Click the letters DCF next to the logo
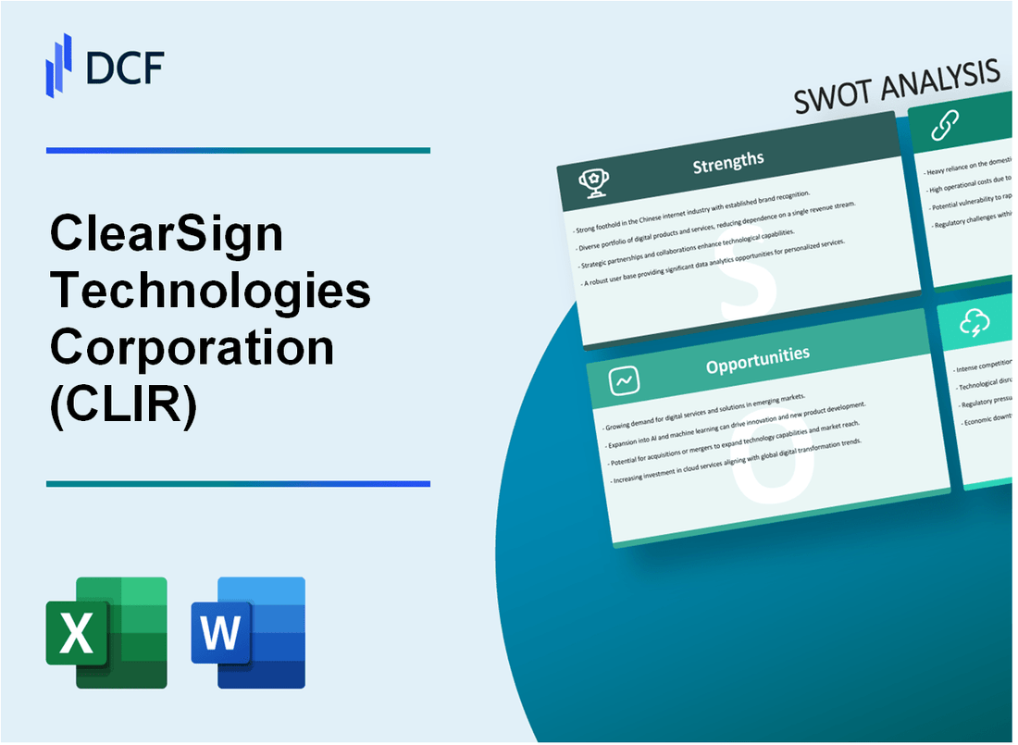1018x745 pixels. click(124, 66)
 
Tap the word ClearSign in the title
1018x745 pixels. click(167, 234)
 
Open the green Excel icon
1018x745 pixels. click(106, 632)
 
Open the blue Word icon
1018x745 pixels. click(248, 632)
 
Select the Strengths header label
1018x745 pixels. click(729, 162)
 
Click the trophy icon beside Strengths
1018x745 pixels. click(593, 184)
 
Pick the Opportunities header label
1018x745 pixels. click(757, 354)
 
